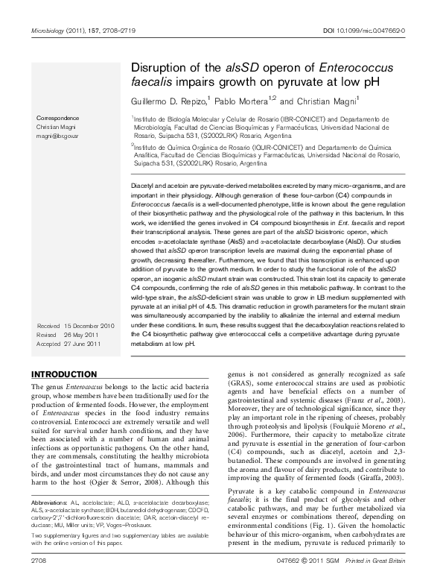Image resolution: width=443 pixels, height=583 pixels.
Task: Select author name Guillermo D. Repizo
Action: coord(167,100)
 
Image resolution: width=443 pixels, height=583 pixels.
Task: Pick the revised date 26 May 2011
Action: coord(83,335)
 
